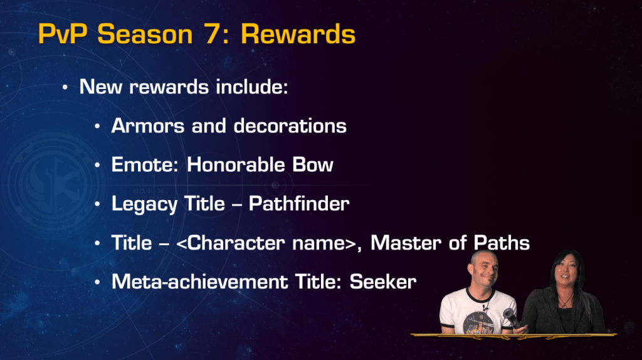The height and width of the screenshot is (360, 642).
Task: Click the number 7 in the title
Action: point(213,34)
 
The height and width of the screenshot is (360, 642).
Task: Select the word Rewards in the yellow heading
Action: point(298,34)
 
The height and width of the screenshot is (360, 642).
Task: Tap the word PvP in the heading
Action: point(63,34)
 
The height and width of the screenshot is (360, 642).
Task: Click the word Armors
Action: point(148,125)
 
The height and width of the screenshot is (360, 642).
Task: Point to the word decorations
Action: point(290,125)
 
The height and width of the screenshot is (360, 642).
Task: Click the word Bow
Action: point(313,165)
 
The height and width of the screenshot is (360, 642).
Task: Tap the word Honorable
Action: point(236,165)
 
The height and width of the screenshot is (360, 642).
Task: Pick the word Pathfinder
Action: point(299,204)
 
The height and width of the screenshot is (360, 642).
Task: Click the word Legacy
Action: point(144,204)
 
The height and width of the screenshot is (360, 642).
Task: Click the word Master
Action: point(406,243)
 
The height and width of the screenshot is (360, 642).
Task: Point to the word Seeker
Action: point(383,282)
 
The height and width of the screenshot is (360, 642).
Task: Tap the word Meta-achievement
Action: point(200,282)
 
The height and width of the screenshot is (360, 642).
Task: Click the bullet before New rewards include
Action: point(65,87)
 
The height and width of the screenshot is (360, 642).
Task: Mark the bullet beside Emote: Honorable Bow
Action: point(97,166)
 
